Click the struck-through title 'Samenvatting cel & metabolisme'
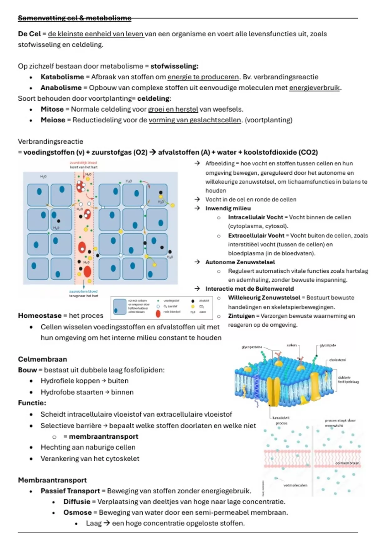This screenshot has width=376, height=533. coord(74,18)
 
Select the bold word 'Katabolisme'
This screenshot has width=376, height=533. coord(62,77)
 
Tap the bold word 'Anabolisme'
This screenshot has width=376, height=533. coord(61,88)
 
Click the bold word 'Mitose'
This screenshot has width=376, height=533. coord(52,109)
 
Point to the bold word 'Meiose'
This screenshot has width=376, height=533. coord(53,120)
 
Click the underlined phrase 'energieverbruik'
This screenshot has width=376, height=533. coord(314,88)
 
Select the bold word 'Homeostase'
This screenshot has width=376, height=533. coord(39,315)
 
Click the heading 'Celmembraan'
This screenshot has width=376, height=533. coord(42,359)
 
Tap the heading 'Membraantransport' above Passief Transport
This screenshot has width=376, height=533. coord(52,480)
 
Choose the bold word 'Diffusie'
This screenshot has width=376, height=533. coord(77,502)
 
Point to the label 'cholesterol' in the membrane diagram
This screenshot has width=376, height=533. coord(337,360)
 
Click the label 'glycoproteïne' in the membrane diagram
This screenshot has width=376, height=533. coord(252,347)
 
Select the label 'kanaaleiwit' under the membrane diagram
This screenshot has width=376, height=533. coord(281,418)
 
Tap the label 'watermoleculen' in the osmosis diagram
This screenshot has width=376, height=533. coord(295,485)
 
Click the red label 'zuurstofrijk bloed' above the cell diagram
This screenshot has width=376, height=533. coord(83,163)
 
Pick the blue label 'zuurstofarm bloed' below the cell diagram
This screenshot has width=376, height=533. coord(83,291)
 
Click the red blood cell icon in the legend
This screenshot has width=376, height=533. coord(158,313)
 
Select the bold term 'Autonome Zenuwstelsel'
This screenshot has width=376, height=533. coord(240,262)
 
